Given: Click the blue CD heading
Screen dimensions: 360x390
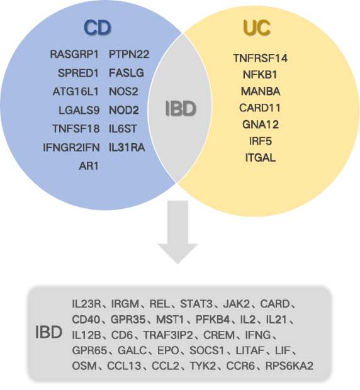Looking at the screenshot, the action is coord(98,27).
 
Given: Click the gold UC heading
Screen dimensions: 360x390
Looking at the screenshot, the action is coord(257,27).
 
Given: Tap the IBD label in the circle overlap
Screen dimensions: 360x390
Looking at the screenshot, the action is coord(181,108).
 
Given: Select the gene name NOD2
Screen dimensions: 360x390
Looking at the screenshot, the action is coord(123,110).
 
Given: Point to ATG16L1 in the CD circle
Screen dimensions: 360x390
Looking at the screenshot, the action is coord(76,92).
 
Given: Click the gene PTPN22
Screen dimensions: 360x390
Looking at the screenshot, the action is coord(129,54).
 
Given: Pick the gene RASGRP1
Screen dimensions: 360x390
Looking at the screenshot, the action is coord(74,54).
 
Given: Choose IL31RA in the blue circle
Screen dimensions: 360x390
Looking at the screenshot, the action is coord(127,147).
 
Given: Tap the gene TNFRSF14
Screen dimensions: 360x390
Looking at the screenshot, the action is coord(260,58).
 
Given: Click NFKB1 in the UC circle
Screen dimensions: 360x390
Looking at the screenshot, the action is coord(260,75).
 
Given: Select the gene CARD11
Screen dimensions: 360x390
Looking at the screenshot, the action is coord(260,108).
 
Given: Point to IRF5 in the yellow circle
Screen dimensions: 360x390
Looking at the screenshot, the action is coord(260,142).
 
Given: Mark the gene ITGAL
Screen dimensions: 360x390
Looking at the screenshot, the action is coord(261,158).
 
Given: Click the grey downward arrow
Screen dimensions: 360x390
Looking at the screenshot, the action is coord(177,232).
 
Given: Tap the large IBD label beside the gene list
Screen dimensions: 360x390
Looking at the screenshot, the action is coord(48,332).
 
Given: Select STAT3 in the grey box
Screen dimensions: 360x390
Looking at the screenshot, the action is coord(196,304).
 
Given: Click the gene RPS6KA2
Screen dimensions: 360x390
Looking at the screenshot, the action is coord(290,366).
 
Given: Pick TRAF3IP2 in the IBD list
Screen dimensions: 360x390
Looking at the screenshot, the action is coord(168,335).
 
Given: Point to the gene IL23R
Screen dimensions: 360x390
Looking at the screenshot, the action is coord(86,304).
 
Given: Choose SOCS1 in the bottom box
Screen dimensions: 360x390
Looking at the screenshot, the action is coord(207,350).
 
